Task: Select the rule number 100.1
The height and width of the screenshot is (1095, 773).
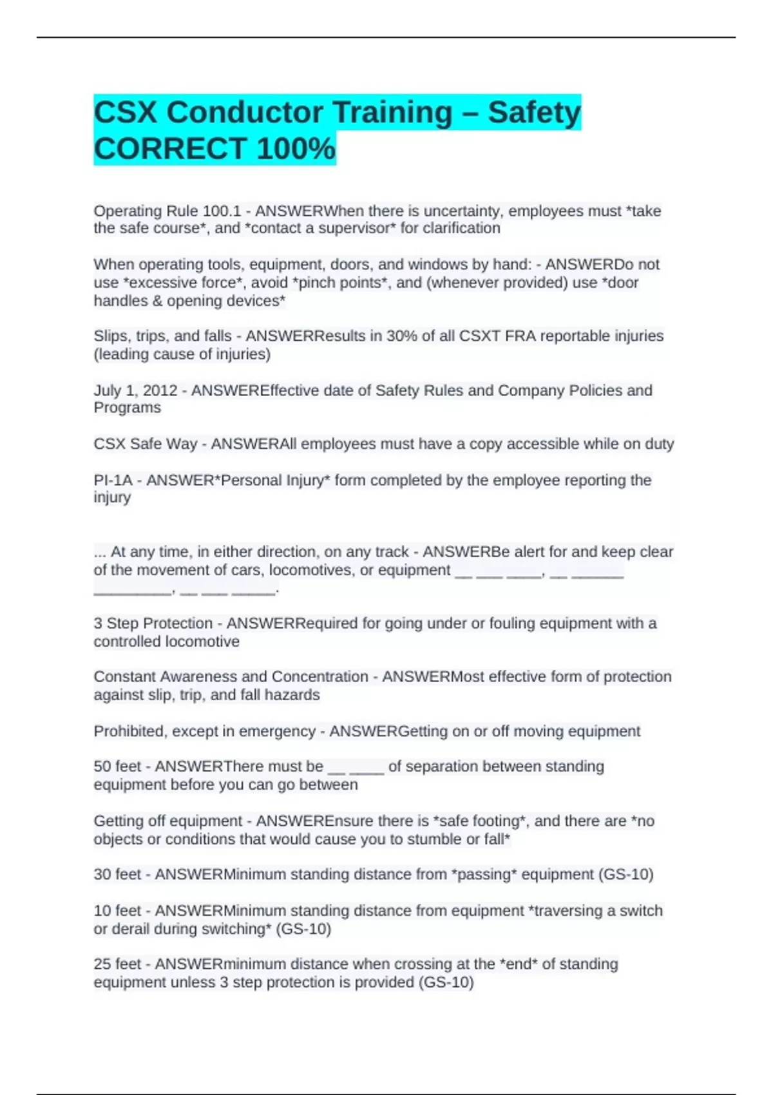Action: click(x=222, y=211)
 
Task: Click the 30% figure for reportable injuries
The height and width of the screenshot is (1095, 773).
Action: click(x=400, y=336)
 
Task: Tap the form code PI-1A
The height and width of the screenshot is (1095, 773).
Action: click(x=113, y=481)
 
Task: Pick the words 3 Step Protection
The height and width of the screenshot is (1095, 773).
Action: click(x=153, y=624)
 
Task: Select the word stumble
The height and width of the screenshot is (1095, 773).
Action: click(x=436, y=840)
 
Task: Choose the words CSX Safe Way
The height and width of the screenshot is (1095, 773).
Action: click(x=145, y=444)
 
